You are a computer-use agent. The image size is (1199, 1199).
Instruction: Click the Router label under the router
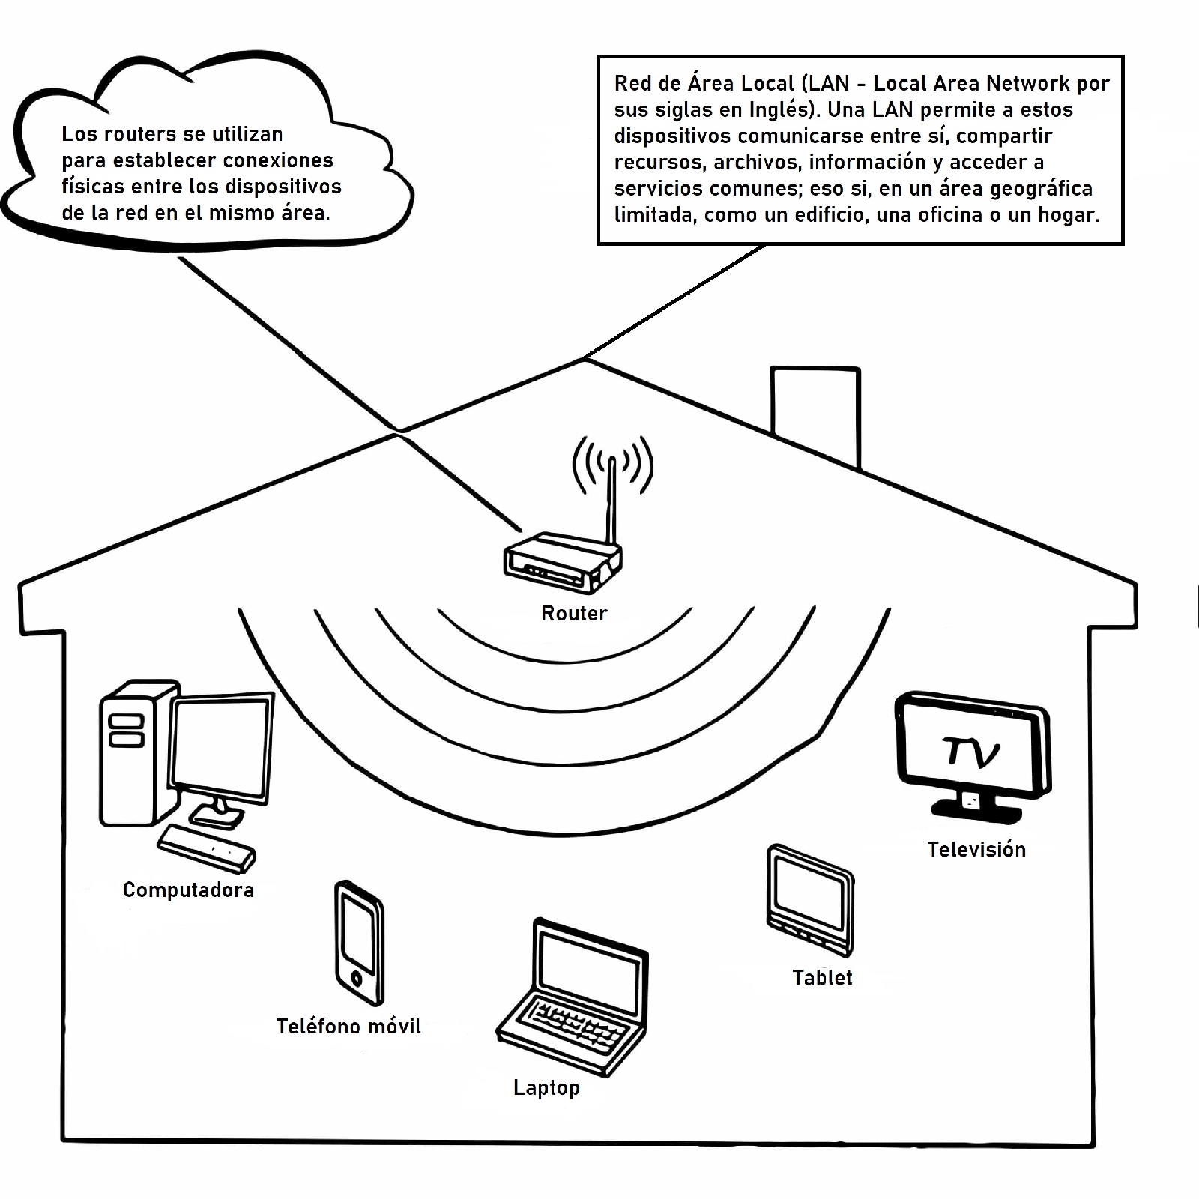pos(574,614)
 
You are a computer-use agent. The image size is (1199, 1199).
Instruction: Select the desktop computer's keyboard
pos(207,848)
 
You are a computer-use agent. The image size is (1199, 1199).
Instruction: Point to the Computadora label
pos(188,890)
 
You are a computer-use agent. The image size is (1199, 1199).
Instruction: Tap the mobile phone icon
pos(358,943)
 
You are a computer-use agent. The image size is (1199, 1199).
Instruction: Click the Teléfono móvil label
pos(348,1027)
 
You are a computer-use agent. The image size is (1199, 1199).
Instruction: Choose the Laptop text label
pos(546,1088)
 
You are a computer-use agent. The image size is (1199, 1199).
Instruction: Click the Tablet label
pos(822,978)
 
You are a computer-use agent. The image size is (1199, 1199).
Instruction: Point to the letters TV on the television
pos(971,752)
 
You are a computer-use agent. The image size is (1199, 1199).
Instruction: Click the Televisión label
pos(976,850)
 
